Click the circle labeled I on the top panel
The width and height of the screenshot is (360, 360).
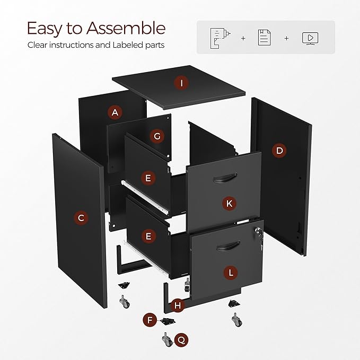click(181, 83)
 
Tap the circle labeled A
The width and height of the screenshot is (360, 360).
click(115, 112)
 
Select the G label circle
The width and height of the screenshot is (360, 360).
click(157, 136)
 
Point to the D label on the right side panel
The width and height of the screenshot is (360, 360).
click(279, 151)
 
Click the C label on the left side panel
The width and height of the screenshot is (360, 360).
click(81, 218)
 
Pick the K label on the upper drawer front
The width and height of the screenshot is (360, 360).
click(229, 204)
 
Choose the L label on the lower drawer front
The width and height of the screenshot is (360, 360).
click(231, 273)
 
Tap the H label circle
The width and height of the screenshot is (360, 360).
click(178, 305)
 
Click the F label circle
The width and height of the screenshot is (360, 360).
click(150, 320)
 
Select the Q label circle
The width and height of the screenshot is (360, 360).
click(181, 340)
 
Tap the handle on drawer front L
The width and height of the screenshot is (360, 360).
click(228, 246)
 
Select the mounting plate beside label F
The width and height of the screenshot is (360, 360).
click(168, 321)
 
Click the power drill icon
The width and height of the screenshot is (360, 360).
click(220, 39)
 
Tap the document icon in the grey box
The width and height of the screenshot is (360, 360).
click(264, 38)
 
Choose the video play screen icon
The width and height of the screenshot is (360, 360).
click(310, 39)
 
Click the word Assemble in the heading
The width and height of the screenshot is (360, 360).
click(126, 28)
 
